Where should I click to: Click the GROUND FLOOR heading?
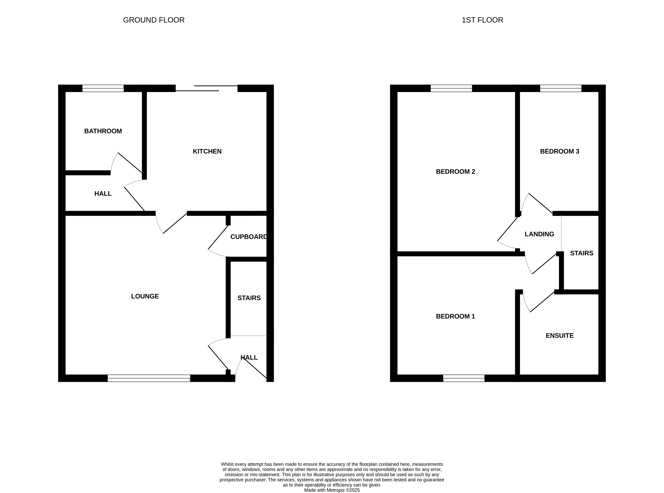154,20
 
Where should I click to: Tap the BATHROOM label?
103,131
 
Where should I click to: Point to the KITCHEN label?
207,151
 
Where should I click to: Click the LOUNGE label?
145,296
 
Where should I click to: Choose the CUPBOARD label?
249,237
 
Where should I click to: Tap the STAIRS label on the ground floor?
249,298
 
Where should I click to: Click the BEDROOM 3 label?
559,151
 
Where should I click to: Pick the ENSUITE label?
559,335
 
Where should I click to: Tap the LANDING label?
539,234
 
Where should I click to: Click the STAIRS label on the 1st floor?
582,253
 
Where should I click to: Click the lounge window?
149,378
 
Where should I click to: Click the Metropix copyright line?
332,490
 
